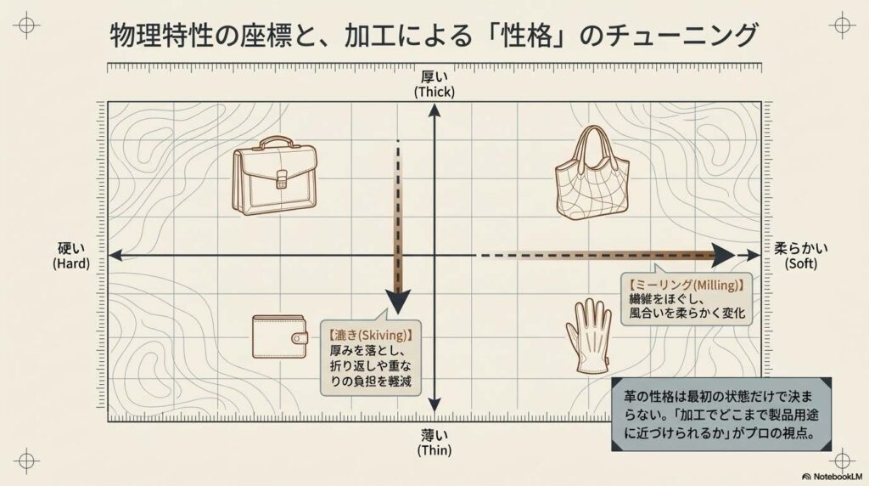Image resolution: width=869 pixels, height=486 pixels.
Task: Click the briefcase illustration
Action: tap(276, 176)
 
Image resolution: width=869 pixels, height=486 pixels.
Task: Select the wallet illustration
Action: tap(280, 336)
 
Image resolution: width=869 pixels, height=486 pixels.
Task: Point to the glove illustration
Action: tap(589, 336)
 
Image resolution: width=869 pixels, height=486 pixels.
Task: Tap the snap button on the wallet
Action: tap(301, 337)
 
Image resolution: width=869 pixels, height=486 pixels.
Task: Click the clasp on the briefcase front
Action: tap(282, 179)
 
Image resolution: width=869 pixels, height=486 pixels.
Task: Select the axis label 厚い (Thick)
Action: tap(434, 84)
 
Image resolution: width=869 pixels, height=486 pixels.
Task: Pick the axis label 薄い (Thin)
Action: tap(434, 442)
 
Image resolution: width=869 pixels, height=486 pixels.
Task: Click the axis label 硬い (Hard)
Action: tap(71, 256)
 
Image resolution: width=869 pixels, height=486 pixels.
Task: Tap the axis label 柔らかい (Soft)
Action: tap(801, 256)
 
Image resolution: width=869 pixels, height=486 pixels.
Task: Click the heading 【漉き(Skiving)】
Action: tap(371, 335)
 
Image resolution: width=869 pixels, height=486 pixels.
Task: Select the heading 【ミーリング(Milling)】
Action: tap(686, 285)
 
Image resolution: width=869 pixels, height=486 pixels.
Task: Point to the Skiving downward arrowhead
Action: tap(398, 303)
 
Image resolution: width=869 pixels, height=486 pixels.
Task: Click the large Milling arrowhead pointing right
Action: tap(723, 255)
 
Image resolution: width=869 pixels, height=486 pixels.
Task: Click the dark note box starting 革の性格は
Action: tap(721, 415)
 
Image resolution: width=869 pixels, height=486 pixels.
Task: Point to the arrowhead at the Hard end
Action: tap(115, 255)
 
